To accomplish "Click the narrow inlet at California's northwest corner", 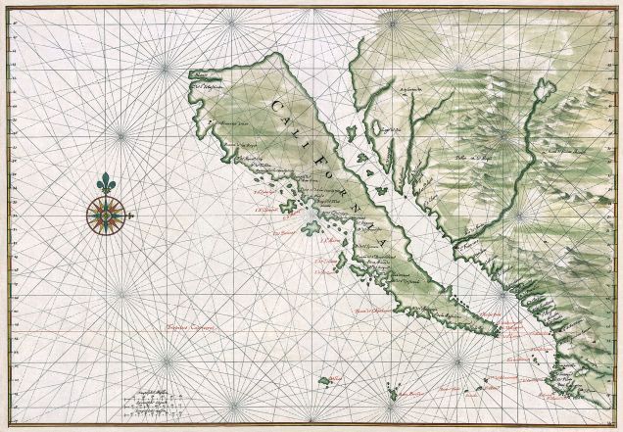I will (x=196, y=75).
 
